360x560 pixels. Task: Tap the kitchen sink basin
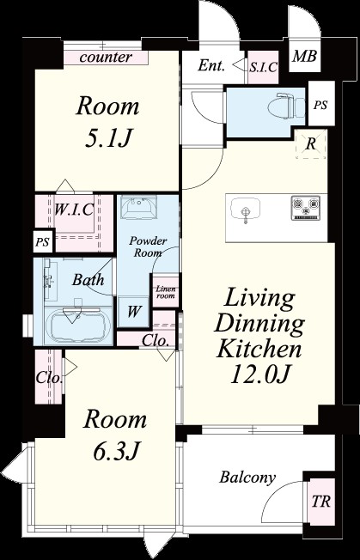[245, 208]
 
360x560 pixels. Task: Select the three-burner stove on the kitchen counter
[305, 208]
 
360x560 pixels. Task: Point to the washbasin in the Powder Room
[137, 208]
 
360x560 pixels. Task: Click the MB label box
[305, 57]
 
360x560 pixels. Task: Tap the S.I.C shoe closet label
[263, 68]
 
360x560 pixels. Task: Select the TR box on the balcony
[321, 502]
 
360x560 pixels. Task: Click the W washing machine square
[133, 312]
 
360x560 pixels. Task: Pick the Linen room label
[166, 292]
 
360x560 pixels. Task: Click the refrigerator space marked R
[311, 144]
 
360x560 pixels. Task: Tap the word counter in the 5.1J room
[106, 58]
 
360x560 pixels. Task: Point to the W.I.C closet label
[74, 210]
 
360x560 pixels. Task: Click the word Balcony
[247, 478]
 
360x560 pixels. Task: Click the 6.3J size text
[116, 451]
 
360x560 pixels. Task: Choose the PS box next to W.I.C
[44, 240]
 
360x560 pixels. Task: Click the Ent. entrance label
[211, 66]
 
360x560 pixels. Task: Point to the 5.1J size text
[107, 138]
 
